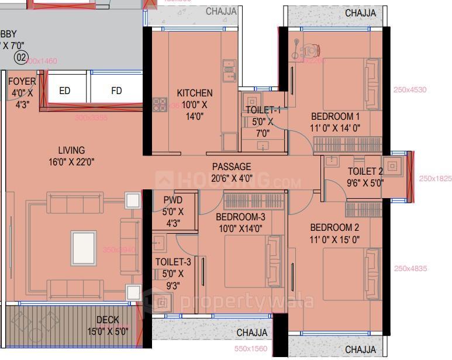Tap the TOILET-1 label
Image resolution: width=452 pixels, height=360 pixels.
[263, 110]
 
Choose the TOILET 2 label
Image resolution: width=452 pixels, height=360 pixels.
[365, 171]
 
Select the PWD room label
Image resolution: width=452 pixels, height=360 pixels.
[173, 200]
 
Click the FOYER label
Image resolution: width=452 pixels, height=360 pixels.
[22, 82]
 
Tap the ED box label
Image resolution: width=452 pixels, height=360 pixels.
[64, 91]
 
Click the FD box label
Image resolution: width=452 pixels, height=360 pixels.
[117, 91]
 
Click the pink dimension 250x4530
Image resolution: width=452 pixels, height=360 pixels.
[410, 89]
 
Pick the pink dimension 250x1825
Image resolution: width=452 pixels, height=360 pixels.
[435, 179]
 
